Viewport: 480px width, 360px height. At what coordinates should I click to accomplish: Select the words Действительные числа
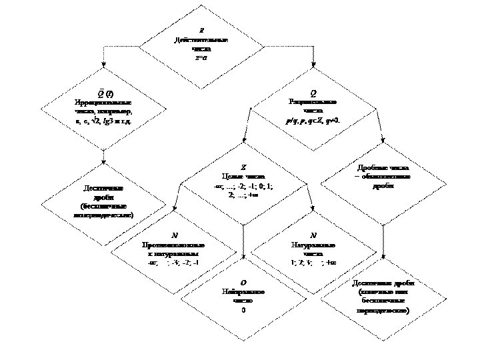click(201, 45)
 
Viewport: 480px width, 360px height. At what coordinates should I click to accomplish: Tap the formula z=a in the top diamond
click(201, 58)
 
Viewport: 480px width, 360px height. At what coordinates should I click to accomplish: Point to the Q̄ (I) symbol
click(103, 92)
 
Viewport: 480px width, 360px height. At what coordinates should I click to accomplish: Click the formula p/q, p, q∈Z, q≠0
click(313, 119)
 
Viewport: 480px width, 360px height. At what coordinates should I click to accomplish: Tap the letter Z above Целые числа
click(243, 167)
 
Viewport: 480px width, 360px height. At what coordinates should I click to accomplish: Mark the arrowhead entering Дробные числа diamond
click(383, 139)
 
